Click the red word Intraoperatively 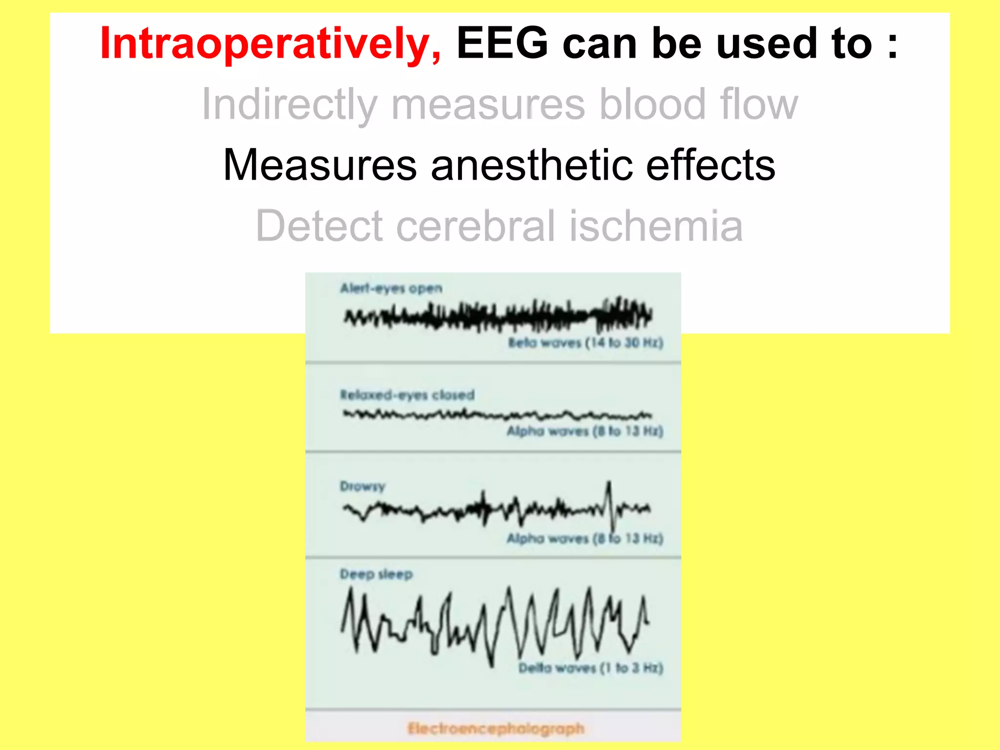click(x=270, y=44)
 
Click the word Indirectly click(x=290, y=104)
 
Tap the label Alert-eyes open click(x=391, y=288)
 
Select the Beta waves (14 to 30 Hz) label click(x=585, y=342)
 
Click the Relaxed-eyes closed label click(x=407, y=395)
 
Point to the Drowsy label click(x=362, y=486)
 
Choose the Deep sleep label click(x=376, y=574)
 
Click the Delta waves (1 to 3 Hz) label click(x=590, y=667)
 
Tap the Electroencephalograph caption click(x=496, y=729)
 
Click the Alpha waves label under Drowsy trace click(x=585, y=538)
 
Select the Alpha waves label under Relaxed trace click(x=585, y=431)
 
